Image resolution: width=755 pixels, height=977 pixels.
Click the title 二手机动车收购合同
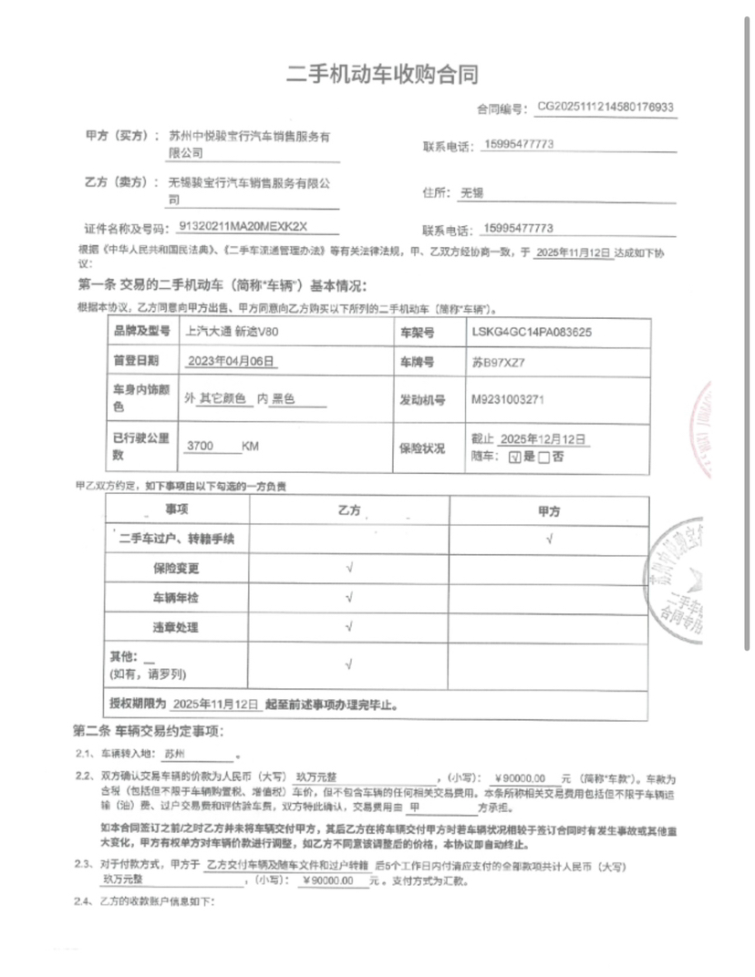[x=382, y=75]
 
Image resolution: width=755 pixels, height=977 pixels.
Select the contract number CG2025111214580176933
[x=605, y=107]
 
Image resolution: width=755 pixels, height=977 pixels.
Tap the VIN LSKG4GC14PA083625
[x=533, y=332]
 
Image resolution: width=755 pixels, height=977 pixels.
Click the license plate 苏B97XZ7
[x=499, y=362]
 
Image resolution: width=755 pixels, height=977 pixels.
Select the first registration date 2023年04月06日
[x=232, y=362]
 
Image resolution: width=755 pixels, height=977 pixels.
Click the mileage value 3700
[x=199, y=447]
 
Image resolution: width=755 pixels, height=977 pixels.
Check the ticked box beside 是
[x=515, y=458]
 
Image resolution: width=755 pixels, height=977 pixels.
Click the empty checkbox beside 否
[x=544, y=458]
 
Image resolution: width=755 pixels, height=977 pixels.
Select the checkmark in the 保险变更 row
[x=350, y=568]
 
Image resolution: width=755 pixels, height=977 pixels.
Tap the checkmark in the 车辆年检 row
[x=350, y=598]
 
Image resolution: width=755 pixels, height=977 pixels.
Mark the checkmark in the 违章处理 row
[x=350, y=627]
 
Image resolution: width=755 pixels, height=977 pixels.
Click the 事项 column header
[x=176, y=509]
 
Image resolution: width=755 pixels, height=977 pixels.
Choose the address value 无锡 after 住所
[x=472, y=193]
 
